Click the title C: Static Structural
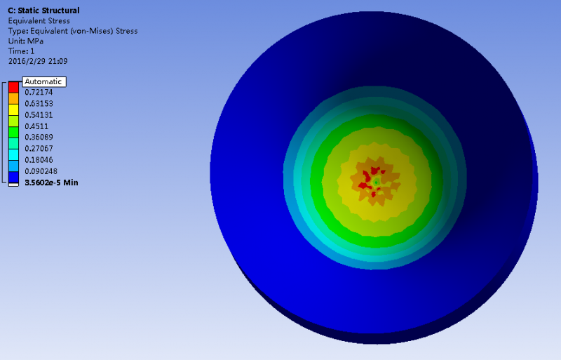(43, 11)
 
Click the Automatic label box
(44, 81)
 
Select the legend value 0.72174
(39, 92)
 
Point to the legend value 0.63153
(39, 104)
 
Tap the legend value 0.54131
(39, 115)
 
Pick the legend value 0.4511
(36, 126)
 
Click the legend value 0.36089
(39, 138)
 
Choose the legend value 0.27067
(39, 148)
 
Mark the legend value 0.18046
(39, 160)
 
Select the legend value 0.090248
(41, 171)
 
